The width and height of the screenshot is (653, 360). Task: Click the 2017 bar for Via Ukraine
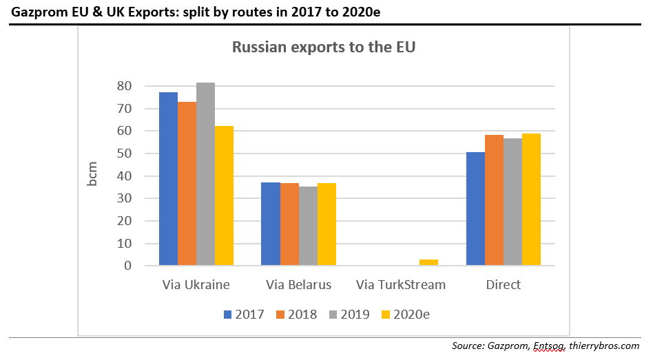(x=168, y=179)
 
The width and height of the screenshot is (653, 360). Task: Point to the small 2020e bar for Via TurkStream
(x=428, y=262)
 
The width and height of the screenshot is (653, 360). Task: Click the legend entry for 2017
(x=244, y=315)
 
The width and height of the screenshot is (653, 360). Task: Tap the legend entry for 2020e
(x=409, y=315)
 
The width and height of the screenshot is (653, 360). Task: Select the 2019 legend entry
(x=350, y=315)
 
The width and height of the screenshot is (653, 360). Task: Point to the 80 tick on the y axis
(x=124, y=86)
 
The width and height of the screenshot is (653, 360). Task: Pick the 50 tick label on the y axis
(x=124, y=153)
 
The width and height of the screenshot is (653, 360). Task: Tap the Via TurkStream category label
(x=401, y=284)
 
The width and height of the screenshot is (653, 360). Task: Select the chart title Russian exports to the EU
(x=324, y=47)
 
